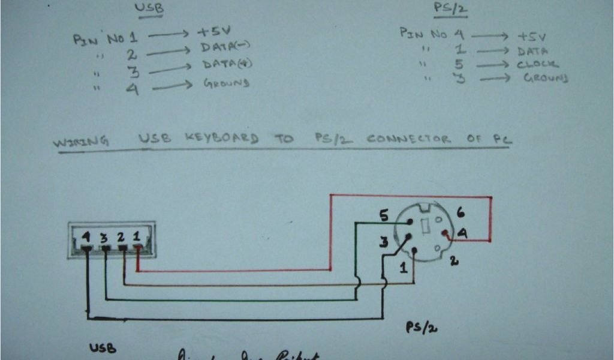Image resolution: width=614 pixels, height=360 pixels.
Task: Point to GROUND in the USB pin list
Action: coord(226,83)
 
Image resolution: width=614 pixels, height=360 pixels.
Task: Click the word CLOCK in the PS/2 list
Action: coord(537,64)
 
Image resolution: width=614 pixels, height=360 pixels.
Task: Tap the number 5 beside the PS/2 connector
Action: coord(384,214)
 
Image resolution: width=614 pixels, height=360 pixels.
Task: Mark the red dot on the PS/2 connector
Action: coord(444,233)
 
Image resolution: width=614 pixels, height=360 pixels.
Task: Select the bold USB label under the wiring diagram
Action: coord(103,348)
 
